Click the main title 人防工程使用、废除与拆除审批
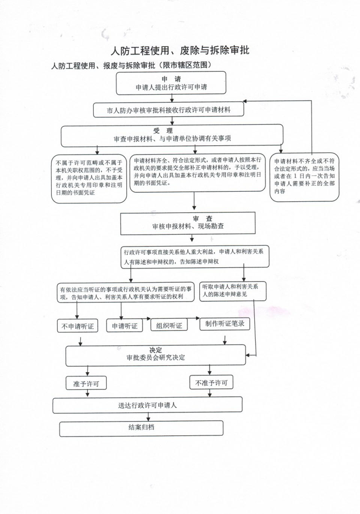(x=180, y=51)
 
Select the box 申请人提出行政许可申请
(x=171, y=83)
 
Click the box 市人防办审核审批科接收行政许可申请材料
(x=168, y=110)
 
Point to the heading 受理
(x=163, y=131)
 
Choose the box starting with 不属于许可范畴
(x=89, y=179)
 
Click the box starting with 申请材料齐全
(x=197, y=173)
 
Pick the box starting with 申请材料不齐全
(x=304, y=177)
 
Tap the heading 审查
(x=202, y=218)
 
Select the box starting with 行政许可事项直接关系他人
(x=195, y=257)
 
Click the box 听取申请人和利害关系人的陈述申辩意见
(x=233, y=291)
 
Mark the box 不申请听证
(x=78, y=326)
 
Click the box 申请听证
(x=124, y=325)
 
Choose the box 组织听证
(x=169, y=325)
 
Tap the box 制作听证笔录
(x=225, y=324)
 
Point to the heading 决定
(x=156, y=350)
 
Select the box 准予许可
(x=86, y=383)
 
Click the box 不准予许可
(x=211, y=382)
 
